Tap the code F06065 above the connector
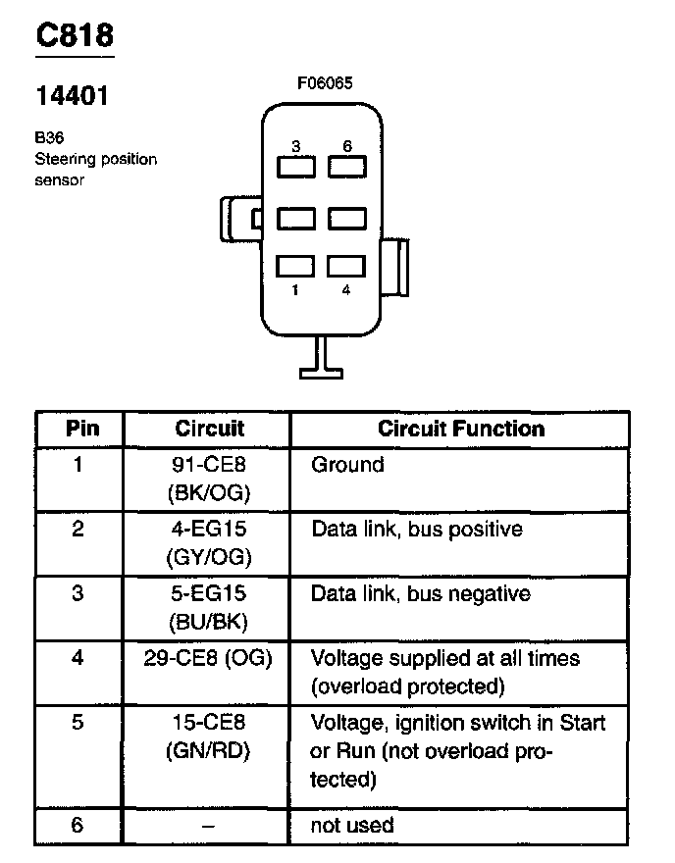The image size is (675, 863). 324,83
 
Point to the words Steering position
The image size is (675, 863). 95,159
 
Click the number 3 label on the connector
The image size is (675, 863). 294,146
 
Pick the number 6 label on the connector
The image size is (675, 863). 346,146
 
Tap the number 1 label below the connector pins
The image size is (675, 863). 294,290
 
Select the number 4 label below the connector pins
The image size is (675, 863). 346,290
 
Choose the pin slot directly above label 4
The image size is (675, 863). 346,266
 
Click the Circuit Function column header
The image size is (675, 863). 461,429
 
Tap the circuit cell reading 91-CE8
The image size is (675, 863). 209,465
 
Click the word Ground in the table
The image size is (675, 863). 347,465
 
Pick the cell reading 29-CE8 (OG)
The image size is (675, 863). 209,658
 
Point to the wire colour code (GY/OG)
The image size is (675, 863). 209,557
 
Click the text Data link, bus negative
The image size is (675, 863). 420,594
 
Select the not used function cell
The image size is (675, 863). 352,826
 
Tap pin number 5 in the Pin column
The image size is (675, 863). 78,724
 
